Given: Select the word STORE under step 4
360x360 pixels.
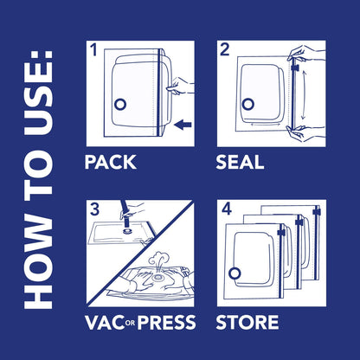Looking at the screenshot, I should [247, 323].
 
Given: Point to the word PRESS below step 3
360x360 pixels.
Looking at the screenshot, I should [165, 323].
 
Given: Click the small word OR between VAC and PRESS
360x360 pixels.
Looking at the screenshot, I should [130, 325].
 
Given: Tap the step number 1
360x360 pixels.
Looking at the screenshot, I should [94, 49].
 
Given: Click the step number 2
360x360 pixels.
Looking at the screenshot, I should [224, 50].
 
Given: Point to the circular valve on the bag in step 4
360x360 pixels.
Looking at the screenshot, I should [234, 274].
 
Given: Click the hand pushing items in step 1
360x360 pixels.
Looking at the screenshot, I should [180, 84].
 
